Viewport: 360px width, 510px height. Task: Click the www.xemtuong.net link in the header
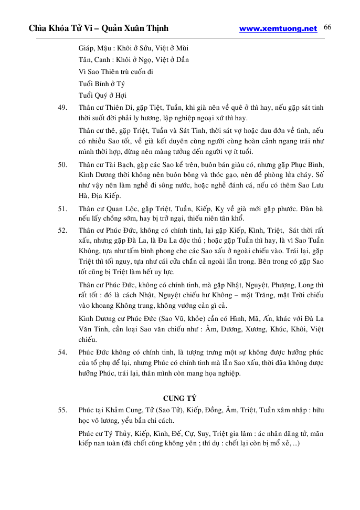click(278, 29)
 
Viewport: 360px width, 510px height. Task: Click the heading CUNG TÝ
click(179, 398)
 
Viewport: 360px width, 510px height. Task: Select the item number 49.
click(62, 108)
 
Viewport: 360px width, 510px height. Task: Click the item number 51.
click(62, 208)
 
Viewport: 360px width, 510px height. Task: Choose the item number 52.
click(62, 230)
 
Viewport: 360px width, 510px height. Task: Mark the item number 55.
click(62, 410)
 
